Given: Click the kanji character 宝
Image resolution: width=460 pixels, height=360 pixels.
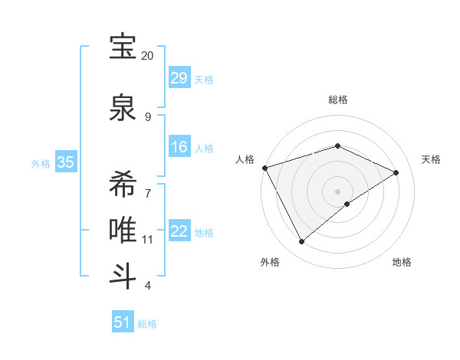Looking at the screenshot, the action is coord(123,47).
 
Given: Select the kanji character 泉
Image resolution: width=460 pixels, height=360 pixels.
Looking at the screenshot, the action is coord(123,107).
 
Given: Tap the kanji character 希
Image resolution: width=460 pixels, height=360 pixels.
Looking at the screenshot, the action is coord(123,183).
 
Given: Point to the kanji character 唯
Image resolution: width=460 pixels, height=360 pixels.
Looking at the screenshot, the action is coord(123,231).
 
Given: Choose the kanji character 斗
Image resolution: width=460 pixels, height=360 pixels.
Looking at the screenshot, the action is coord(123,275).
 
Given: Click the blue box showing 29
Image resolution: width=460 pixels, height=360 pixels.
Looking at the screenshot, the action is coord(179,78).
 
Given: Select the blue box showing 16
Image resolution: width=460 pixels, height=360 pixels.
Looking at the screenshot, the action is coord(179,147).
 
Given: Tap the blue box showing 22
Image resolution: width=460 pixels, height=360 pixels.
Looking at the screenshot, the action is coord(179,231).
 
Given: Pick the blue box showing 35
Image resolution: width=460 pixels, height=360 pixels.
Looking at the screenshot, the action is coord(66,162).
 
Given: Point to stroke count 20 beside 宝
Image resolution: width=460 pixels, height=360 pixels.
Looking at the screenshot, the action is coord(148,56).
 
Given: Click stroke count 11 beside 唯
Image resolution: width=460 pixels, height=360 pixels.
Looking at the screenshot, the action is coord(148,240).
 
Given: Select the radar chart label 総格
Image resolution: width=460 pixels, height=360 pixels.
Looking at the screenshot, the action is coord(337,100).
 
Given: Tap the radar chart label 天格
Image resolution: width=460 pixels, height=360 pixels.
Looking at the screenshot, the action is coord(431,159).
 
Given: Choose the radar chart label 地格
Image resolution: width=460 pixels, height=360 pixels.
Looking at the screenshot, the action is coord(402,262).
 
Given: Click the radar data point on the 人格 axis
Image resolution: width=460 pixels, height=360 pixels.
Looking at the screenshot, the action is coord(264,168).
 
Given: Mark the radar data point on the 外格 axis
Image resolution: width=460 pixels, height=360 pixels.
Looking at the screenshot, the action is coord(301,242).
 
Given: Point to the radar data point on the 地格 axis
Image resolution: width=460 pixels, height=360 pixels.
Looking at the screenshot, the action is coord(347,204).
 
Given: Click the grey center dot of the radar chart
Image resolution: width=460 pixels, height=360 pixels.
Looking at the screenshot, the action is coord(337,191).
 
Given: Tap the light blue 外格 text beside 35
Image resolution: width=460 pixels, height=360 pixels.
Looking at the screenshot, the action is coord(41,163).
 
